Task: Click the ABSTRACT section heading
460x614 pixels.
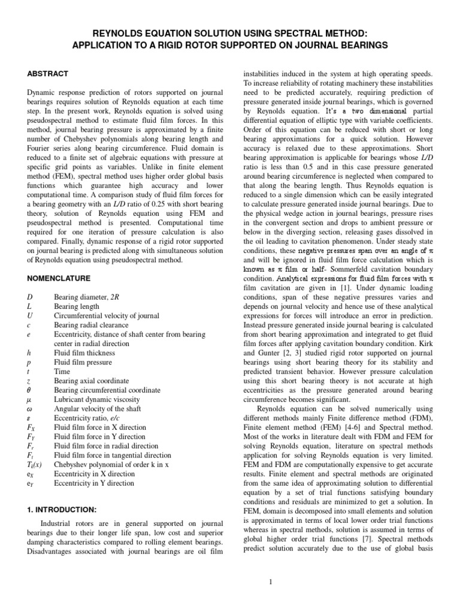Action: [48, 74]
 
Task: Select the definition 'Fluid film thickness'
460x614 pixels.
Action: [84, 353]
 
